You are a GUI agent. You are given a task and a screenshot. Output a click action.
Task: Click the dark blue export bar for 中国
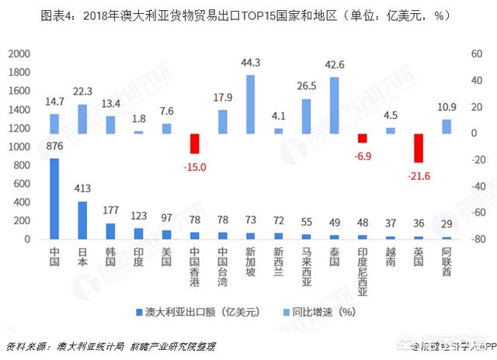tap(54, 199)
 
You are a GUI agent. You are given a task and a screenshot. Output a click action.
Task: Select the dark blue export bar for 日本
tap(82, 220)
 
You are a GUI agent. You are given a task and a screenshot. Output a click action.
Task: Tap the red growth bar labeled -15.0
tap(194, 144)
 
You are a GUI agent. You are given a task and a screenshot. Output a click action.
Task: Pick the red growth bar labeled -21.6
tap(418, 148)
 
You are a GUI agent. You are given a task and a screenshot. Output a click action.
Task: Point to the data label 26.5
tap(306, 85)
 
